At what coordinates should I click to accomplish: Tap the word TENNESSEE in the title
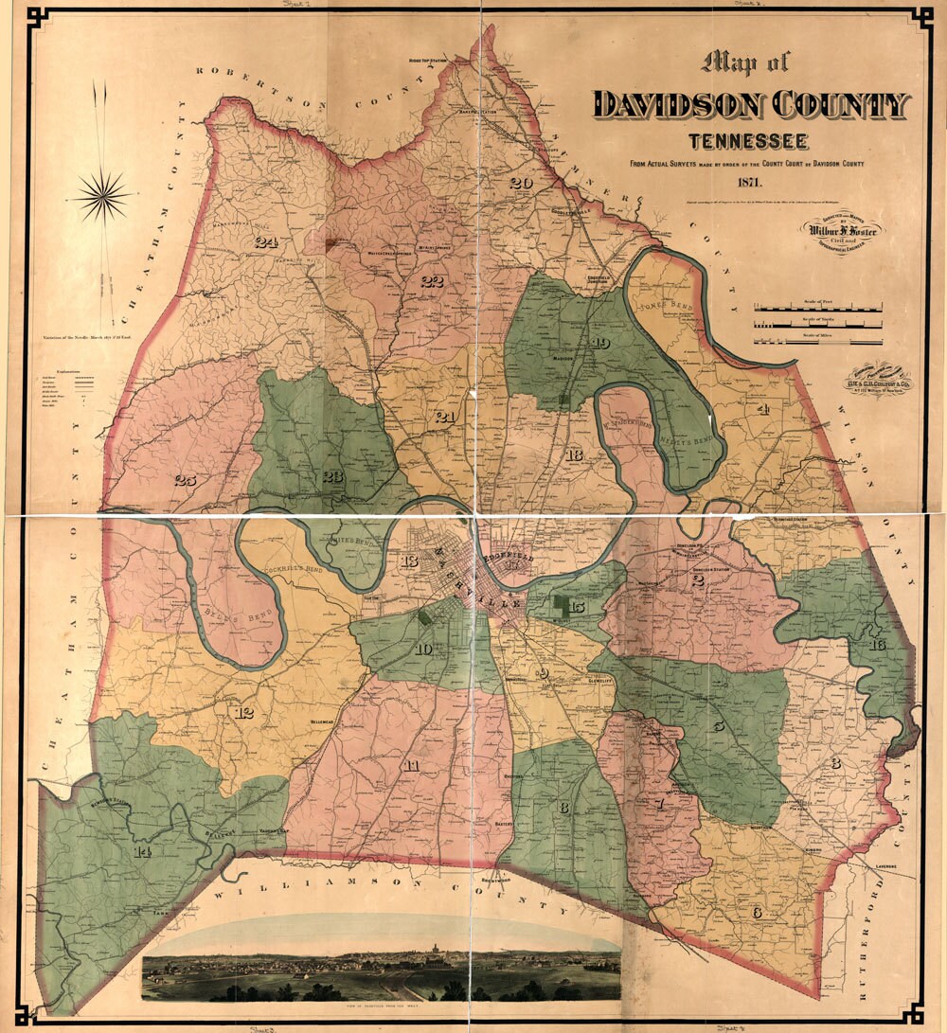tap(748, 142)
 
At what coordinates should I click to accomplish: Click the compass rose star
tap(103, 196)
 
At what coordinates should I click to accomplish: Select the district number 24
tap(265, 242)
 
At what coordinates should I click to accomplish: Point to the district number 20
tap(520, 183)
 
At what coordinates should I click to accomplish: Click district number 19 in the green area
tap(599, 343)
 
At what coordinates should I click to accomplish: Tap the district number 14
tap(142, 851)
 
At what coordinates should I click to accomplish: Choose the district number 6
tap(756, 913)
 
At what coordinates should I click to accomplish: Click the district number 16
tap(877, 645)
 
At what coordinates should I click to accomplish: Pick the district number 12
tap(244, 712)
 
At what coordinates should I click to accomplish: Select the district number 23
tap(331, 475)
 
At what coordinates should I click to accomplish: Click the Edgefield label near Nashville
tap(511, 561)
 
